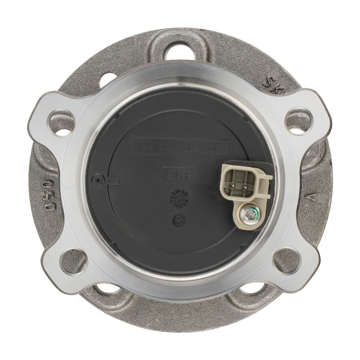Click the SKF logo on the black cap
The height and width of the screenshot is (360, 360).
click(180, 174)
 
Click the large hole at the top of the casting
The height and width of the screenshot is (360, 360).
click(178, 51)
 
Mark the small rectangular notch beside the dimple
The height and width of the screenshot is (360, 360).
click(112, 181)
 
